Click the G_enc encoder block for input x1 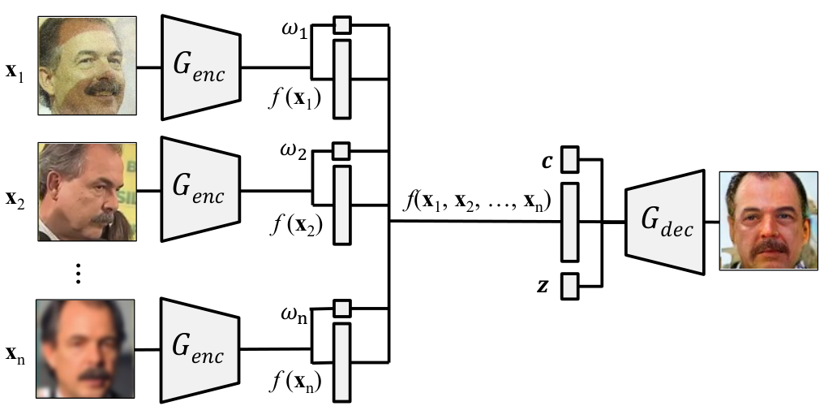201,67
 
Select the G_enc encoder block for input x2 201,189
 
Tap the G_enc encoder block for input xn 200,350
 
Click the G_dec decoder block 665,222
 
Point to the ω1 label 294,30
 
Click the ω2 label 294,152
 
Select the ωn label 294,315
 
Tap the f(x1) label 295,99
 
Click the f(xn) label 296,382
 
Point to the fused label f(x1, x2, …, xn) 478,201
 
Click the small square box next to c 569,159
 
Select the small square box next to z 569,287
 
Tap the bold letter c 547,162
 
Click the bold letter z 543,287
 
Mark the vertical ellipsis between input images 79,273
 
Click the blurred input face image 85,348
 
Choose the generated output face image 769,221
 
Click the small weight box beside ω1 342,25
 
